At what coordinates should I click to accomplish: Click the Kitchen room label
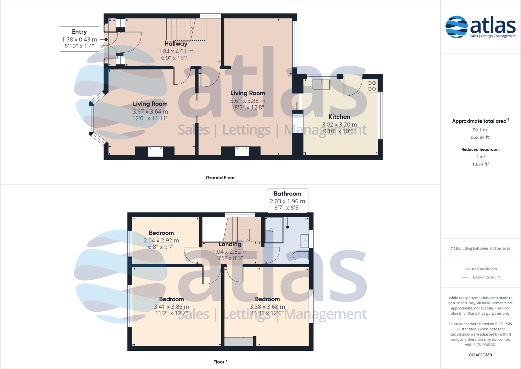339,117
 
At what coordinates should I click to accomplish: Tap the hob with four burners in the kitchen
372,86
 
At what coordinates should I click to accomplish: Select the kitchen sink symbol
321,84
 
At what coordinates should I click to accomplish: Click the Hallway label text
176,44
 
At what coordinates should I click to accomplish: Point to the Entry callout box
79,39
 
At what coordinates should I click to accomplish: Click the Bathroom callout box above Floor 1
287,201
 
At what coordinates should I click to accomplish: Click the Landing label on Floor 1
230,244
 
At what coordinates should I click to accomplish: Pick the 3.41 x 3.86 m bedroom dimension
171,307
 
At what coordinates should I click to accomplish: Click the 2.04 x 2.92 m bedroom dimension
161,241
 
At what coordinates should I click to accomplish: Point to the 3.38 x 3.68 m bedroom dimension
267,307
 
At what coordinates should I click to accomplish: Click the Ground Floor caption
220,178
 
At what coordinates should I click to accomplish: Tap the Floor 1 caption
220,362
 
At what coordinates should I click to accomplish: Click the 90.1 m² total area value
480,130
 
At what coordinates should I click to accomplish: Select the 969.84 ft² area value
480,137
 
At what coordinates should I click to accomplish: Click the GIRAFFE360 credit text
480,355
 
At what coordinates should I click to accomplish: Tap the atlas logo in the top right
480,27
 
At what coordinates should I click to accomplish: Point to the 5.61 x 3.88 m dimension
248,101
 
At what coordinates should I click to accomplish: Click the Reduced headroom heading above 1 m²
480,149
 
